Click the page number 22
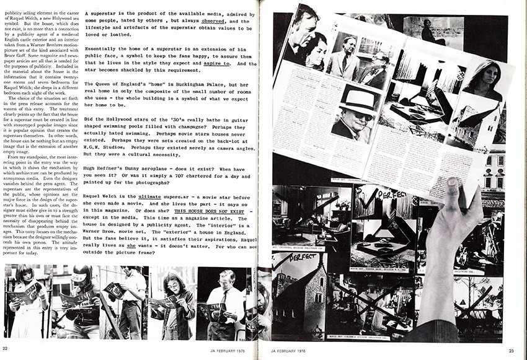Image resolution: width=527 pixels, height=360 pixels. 5,351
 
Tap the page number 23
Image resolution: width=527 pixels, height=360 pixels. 511,351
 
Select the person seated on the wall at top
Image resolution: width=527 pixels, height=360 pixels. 428,31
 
